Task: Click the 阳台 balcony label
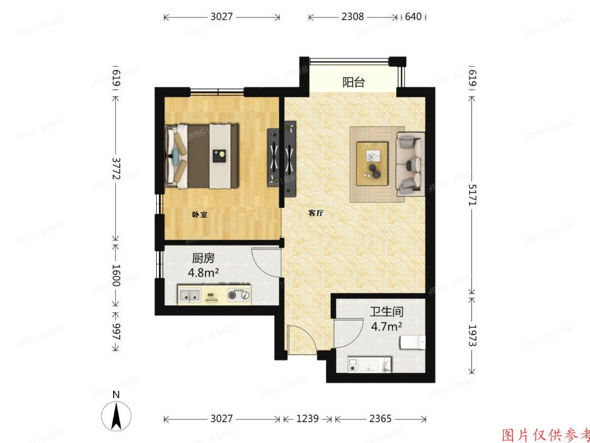[353, 83]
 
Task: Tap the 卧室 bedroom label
[199, 215]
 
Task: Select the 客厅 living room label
[316, 214]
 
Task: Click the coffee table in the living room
[372, 163]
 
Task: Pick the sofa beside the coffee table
[410, 163]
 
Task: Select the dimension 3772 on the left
[116, 170]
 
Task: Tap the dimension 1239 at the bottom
[308, 419]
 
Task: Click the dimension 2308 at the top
[352, 17]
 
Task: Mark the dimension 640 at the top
[414, 17]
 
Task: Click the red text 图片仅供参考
[545, 434]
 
